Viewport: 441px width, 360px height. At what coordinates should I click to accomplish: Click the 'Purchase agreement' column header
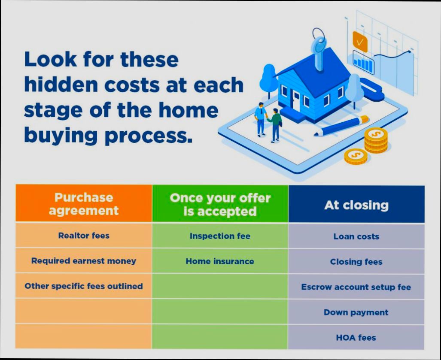coord(84,204)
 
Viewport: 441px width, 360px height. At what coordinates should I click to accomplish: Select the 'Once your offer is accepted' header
coord(220,204)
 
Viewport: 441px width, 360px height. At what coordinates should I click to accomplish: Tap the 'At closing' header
coord(356,205)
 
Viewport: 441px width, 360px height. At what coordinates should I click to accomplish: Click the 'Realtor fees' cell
coord(84,235)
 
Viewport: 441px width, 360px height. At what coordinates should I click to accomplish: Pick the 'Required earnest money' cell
coord(84,260)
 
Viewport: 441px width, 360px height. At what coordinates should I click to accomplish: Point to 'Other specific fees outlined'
coord(84,286)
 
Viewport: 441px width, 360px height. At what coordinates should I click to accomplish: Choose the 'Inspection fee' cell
coord(220,236)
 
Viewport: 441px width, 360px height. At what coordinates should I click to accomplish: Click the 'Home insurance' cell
coord(220,261)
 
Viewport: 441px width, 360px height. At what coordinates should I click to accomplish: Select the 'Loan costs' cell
coord(356,236)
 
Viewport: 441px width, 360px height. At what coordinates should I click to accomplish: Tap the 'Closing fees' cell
coord(356,261)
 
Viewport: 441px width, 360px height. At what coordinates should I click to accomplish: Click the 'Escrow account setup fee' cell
coord(356,287)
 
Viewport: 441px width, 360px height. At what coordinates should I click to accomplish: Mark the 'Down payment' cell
coord(356,312)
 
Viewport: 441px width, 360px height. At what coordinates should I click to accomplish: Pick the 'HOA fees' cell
coord(356,337)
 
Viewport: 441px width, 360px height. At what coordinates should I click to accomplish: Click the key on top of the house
coord(319,47)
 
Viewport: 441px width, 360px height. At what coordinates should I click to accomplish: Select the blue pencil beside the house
coord(341,125)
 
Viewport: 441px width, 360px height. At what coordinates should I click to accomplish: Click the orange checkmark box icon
coord(360,42)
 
